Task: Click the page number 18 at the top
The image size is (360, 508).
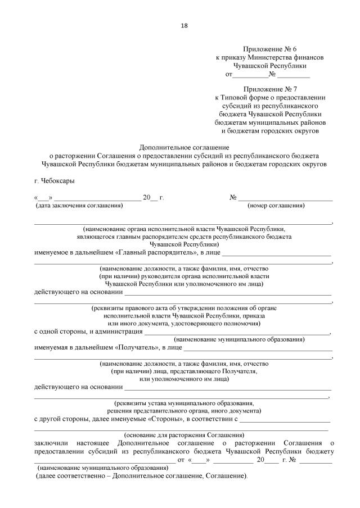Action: pyautogui.click(x=184, y=25)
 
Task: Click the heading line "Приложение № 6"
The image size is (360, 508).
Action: pyautogui.click(x=270, y=49)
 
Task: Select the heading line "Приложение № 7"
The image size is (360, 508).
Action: pyautogui.click(x=270, y=89)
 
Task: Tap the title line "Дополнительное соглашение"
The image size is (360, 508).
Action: pyautogui.click(x=184, y=147)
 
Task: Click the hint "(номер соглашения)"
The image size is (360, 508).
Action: pyautogui.click(x=276, y=206)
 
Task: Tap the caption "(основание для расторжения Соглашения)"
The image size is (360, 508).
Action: pyautogui.click(x=184, y=434)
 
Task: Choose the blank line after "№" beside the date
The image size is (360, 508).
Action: pyautogui.click(x=285, y=198)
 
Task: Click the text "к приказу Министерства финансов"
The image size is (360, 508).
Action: pyautogui.click(x=270, y=57)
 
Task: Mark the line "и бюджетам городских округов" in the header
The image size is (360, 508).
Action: pyautogui.click(x=270, y=130)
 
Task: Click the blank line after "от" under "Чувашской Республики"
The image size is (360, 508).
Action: pyautogui.click(x=250, y=74)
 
